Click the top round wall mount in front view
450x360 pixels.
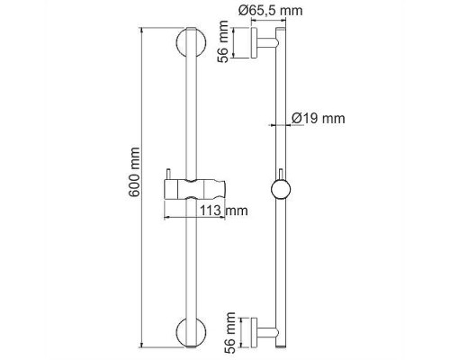click(190, 46)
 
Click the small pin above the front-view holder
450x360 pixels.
click(167, 175)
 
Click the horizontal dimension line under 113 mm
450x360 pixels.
click(193, 217)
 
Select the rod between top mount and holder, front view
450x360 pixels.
click(190, 117)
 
